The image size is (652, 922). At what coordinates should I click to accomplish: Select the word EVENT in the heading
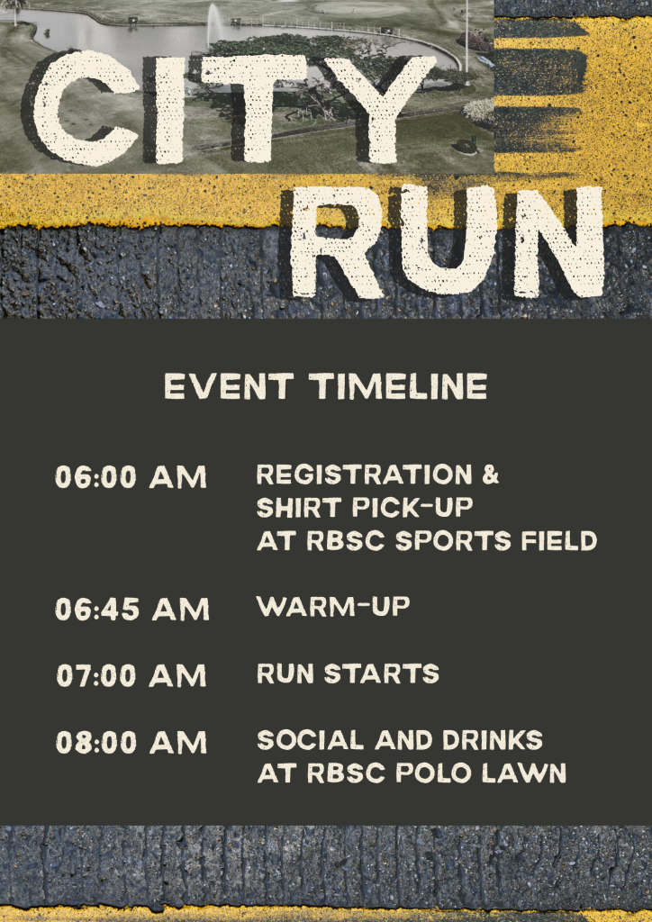pyautogui.click(x=229, y=387)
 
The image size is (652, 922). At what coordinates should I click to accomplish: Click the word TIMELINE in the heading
pyautogui.click(x=399, y=387)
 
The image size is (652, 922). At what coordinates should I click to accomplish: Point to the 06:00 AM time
pyautogui.click(x=131, y=477)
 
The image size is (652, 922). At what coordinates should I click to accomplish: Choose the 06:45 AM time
pyautogui.click(x=132, y=610)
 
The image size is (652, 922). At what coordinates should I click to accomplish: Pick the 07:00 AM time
pyautogui.click(x=131, y=675)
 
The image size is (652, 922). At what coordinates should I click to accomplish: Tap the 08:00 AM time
pyautogui.click(x=131, y=742)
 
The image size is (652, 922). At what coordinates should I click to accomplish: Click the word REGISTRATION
pyautogui.click(x=364, y=475)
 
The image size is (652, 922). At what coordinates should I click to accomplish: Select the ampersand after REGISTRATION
pyautogui.click(x=490, y=475)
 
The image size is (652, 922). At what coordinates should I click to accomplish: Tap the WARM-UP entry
pyautogui.click(x=333, y=607)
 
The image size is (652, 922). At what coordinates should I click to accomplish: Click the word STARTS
pyautogui.click(x=382, y=673)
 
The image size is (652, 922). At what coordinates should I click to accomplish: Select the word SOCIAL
pyautogui.click(x=311, y=740)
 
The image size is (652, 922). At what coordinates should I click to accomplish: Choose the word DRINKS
pyautogui.click(x=493, y=740)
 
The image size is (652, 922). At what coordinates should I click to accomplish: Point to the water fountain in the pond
pyautogui.click(x=214, y=23)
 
